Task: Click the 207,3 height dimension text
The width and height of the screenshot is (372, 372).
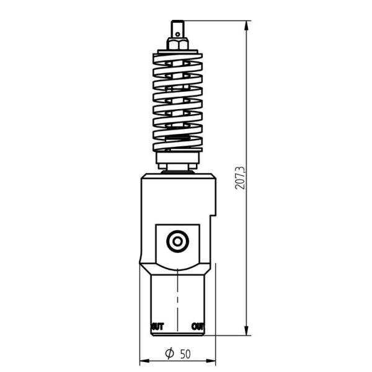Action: (241, 177)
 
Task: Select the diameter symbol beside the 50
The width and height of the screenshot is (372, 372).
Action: (169, 354)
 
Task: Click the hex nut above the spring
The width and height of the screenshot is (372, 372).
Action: (178, 44)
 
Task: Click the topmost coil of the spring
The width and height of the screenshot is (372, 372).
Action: (178, 58)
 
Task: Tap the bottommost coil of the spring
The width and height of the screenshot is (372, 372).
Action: (178, 148)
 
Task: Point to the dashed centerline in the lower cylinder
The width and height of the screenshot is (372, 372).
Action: (178, 298)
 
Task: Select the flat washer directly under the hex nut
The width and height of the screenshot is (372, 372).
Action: (178, 51)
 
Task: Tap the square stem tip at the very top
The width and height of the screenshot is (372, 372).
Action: (178, 29)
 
